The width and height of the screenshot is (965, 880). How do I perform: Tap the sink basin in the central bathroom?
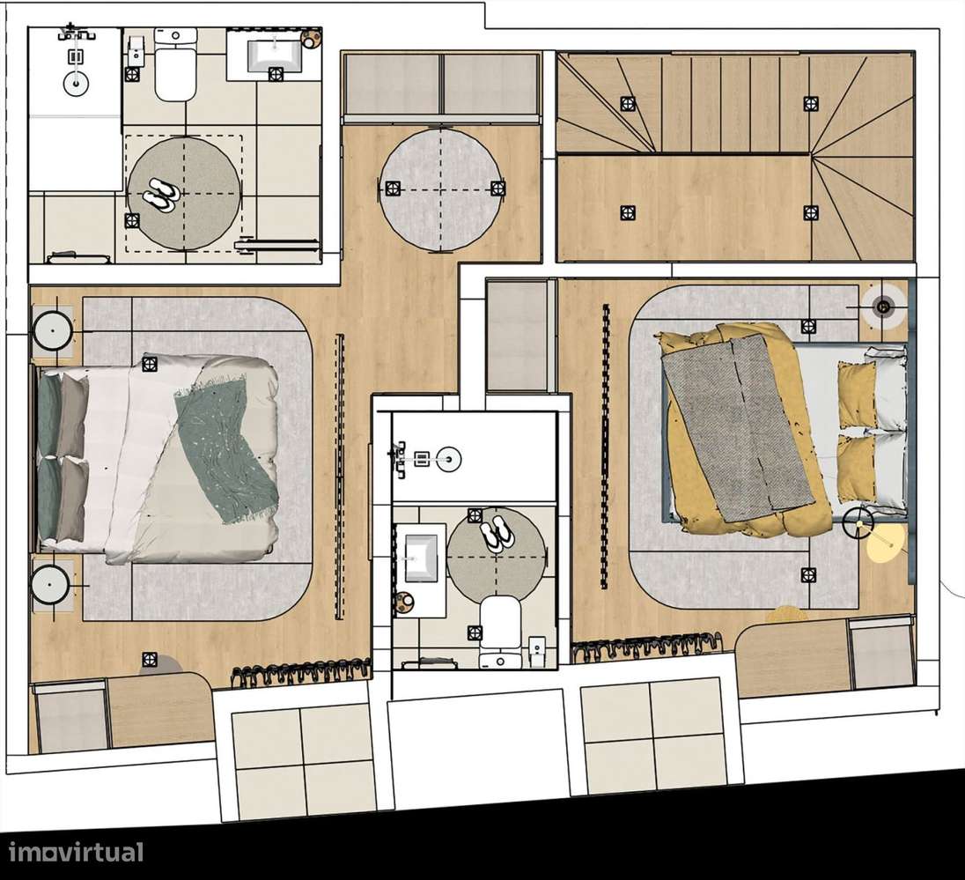point(422,557)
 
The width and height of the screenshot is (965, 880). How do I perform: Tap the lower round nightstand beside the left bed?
point(53,581)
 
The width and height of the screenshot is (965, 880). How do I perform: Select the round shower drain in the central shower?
point(449,456)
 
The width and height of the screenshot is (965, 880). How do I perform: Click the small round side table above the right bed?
point(883,305)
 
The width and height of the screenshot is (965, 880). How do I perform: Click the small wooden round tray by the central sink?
point(406,603)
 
